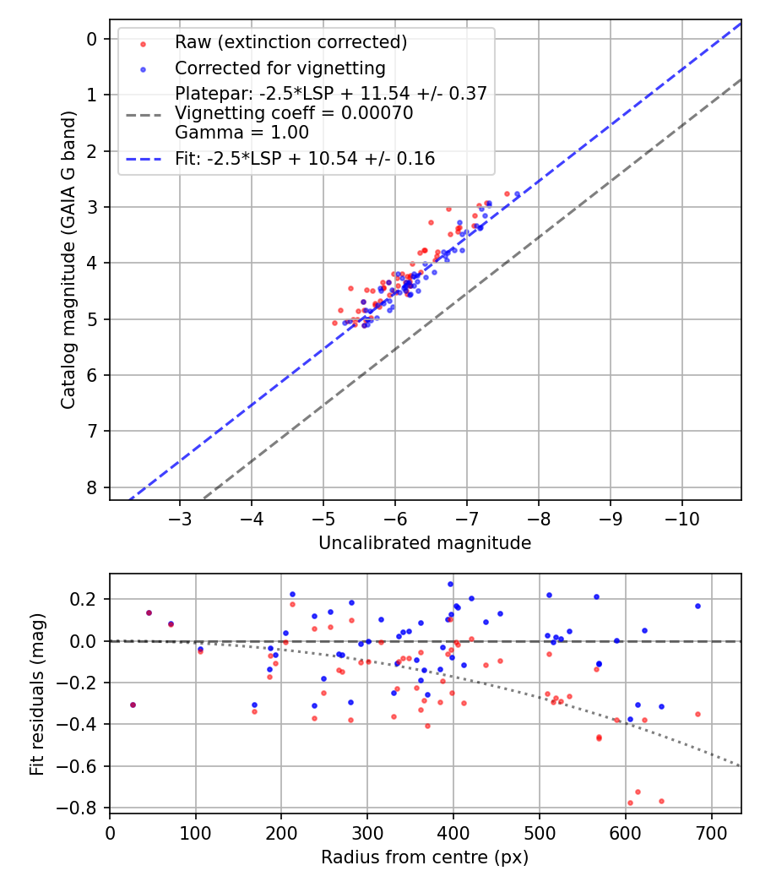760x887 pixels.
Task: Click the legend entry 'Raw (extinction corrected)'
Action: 290,42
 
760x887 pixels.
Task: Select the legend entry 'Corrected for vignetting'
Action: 280,68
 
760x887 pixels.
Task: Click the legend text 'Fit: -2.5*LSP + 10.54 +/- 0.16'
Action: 305,159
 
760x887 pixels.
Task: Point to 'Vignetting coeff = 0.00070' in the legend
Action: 294,113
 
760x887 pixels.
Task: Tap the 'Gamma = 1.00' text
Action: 242,133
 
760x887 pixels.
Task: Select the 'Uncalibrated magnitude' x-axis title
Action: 425,543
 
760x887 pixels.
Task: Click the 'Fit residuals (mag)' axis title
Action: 36,694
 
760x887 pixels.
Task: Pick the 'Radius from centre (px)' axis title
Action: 425,857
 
